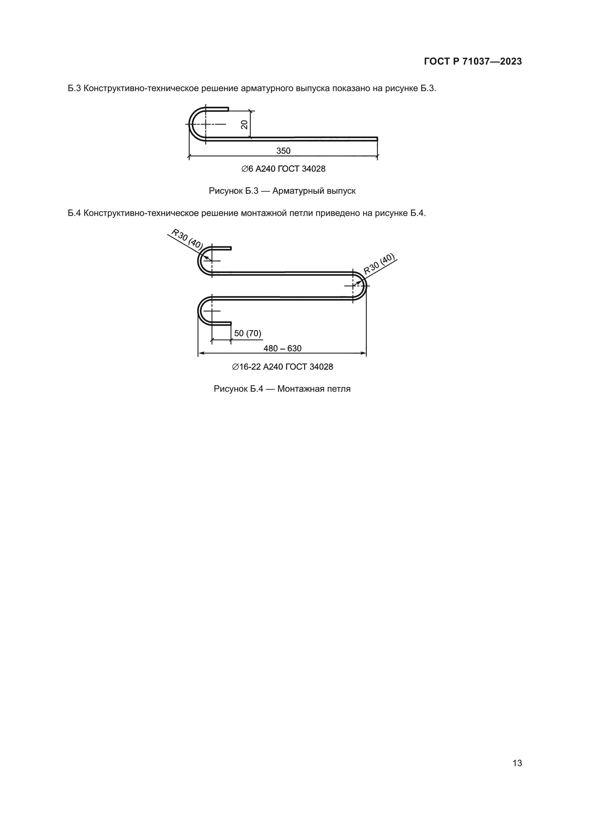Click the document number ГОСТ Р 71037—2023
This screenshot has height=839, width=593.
pos(473,61)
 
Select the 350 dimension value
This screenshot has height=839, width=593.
pos(283,151)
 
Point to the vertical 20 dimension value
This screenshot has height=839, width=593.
pos(244,124)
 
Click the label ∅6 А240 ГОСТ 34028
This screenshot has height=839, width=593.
pos(283,169)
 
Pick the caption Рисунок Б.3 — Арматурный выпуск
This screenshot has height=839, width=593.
pos(282,191)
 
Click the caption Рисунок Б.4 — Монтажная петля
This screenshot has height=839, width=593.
pos(282,389)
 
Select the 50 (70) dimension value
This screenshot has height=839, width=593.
pos(248,333)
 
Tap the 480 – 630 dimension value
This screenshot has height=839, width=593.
pos(282,348)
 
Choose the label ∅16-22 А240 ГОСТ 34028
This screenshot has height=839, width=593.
pos(282,367)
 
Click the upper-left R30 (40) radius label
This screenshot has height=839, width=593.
pos(187,239)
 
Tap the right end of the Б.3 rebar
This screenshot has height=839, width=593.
pos(376,139)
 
